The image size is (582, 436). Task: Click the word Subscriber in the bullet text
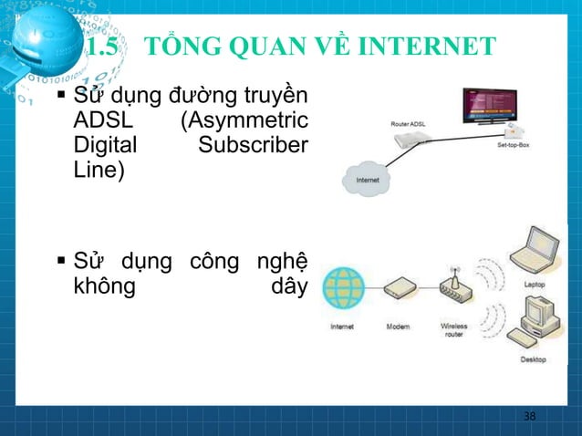click(x=263, y=145)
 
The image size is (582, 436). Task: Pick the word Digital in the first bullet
click(x=103, y=145)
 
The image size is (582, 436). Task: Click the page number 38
click(x=529, y=417)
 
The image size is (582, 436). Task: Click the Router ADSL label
click(x=407, y=123)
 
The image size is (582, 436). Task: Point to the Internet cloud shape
click(x=367, y=180)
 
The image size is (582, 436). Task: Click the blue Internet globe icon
click(x=343, y=287)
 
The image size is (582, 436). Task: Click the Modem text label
click(x=399, y=326)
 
